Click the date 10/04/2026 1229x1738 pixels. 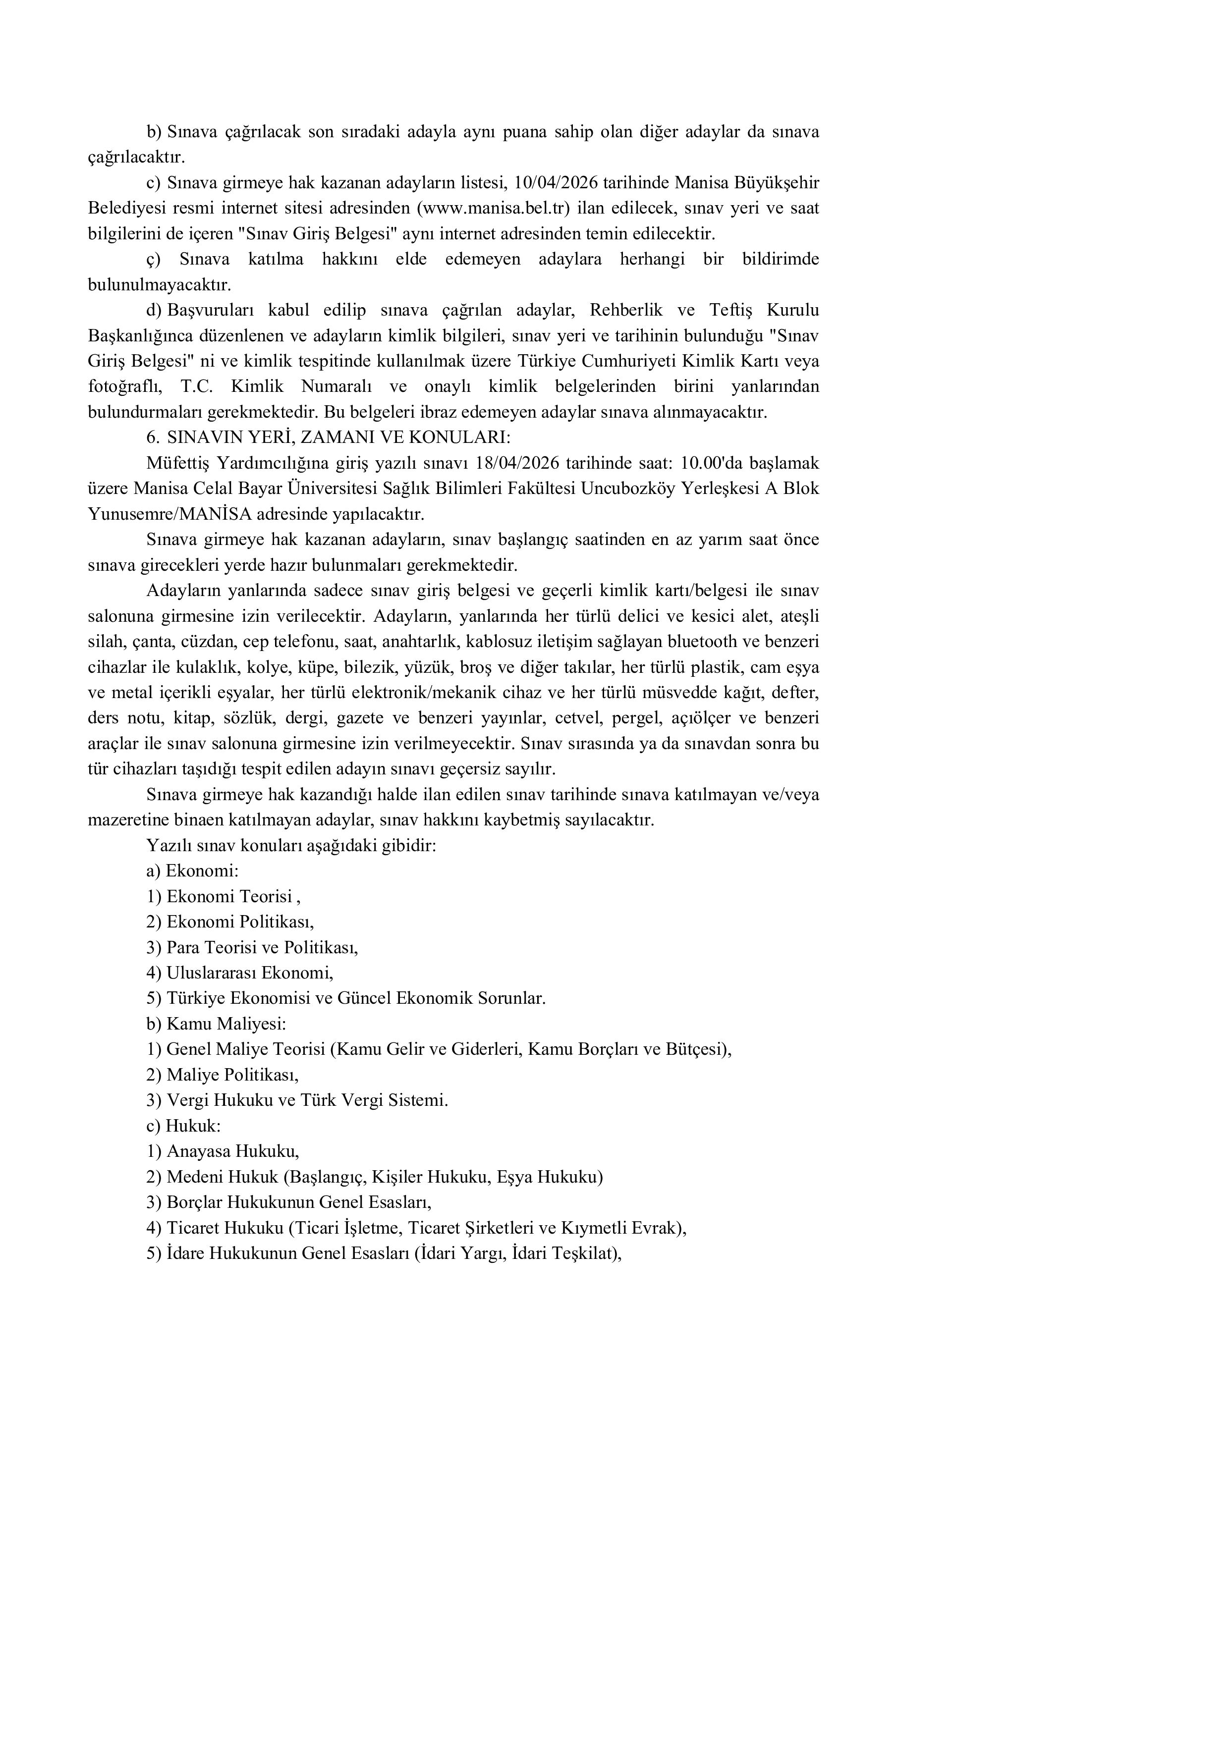[x=556, y=183]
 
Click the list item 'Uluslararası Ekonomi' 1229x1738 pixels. [x=249, y=973]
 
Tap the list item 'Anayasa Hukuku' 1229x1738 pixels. [x=232, y=1151]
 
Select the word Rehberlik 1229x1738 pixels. [x=625, y=310]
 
